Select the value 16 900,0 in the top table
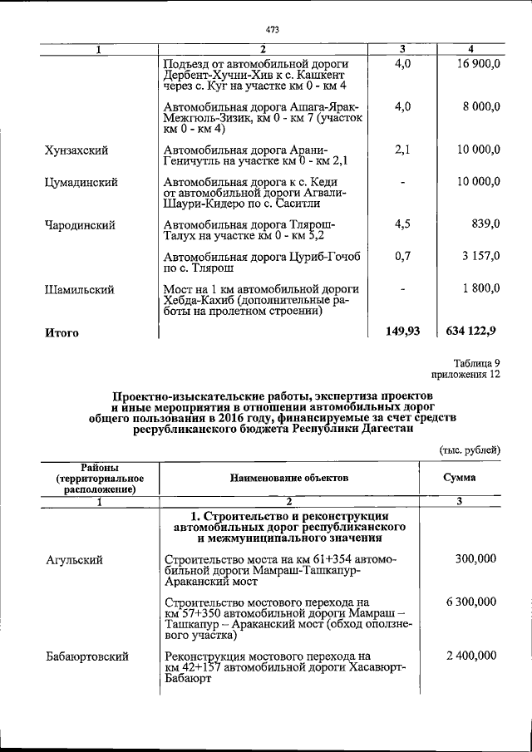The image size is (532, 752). click(x=479, y=64)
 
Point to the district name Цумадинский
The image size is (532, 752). click(x=80, y=182)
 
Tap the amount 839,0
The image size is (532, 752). click(x=485, y=225)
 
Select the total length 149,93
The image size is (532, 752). click(x=402, y=332)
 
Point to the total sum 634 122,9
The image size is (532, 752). click(x=471, y=332)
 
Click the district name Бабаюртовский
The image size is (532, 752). click(x=86, y=657)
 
